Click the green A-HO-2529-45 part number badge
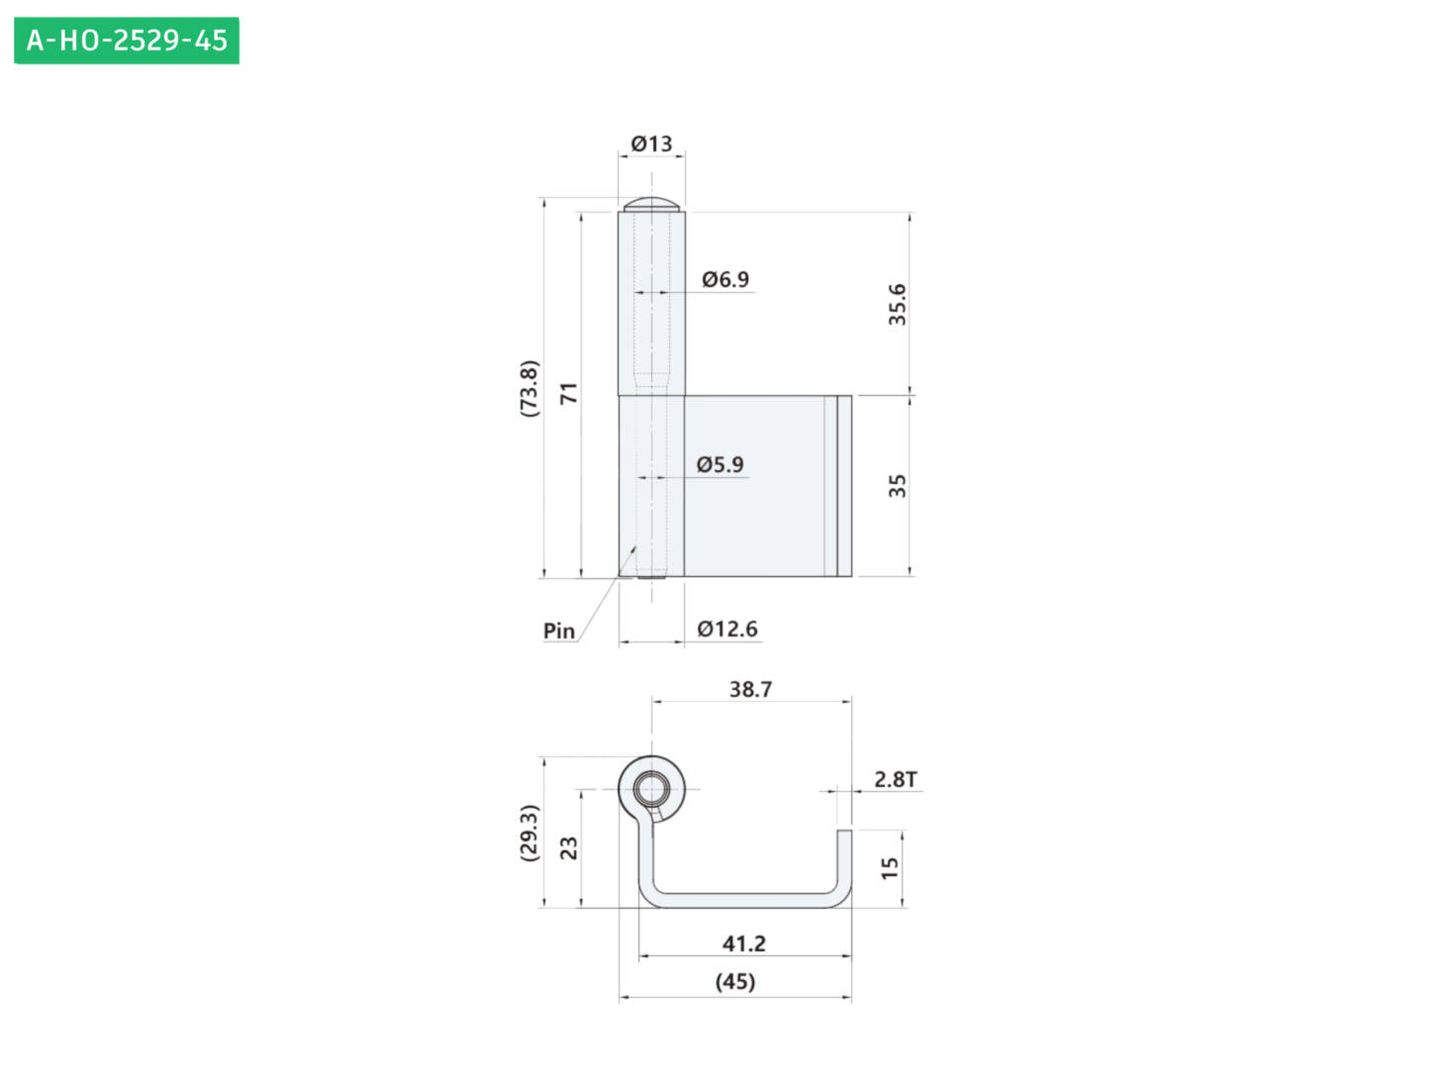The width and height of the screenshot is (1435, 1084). click(126, 41)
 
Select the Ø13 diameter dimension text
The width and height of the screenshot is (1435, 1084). click(651, 144)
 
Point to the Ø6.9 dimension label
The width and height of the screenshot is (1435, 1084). click(725, 279)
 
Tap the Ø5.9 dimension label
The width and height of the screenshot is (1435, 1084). click(719, 464)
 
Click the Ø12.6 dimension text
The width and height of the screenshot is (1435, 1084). click(727, 629)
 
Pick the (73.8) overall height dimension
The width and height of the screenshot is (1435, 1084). click(528, 388)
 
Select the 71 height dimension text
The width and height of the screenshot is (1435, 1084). click(569, 393)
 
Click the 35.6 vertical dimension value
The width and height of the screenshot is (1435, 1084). click(897, 304)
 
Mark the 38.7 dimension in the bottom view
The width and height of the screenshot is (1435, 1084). click(750, 689)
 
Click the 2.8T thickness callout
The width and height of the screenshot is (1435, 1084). click(896, 779)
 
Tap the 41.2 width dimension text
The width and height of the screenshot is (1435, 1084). click(744, 943)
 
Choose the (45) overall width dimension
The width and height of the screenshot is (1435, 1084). click(735, 981)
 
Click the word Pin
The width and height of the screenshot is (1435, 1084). click(559, 631)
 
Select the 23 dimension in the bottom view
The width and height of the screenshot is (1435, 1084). click(569, 848)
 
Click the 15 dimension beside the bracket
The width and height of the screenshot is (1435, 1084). click(889, 868)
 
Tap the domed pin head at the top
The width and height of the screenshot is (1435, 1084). click(651, 204)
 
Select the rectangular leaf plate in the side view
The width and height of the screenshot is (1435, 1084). click(768, 486)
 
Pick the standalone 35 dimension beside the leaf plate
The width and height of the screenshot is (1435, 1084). click(897, 486)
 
